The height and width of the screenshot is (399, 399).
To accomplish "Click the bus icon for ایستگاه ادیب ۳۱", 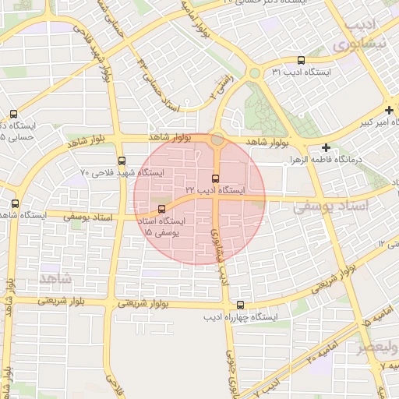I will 302,60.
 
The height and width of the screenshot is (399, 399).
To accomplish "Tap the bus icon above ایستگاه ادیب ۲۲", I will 216,178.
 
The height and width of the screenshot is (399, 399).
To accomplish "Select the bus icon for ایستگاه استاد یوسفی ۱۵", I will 162,209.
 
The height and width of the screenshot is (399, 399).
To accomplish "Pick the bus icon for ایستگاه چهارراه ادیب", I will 240,305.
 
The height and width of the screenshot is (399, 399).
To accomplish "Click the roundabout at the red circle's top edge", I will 217,141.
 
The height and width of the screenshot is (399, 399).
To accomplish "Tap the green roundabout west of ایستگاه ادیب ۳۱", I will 254,74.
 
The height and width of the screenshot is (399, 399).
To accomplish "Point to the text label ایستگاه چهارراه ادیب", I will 242,318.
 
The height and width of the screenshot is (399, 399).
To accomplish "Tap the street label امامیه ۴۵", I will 364,319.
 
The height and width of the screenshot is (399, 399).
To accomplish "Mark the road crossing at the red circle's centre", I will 216,197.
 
